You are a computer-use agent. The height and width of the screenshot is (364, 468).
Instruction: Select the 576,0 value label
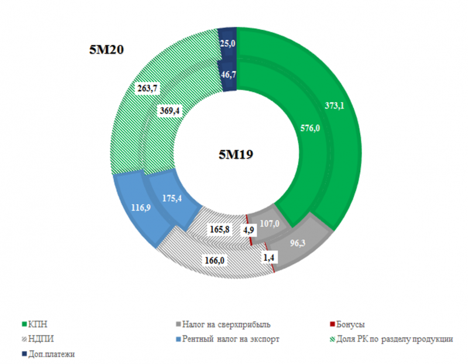[309, 128]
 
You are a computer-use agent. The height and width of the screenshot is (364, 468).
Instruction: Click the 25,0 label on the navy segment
[226, 43]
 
